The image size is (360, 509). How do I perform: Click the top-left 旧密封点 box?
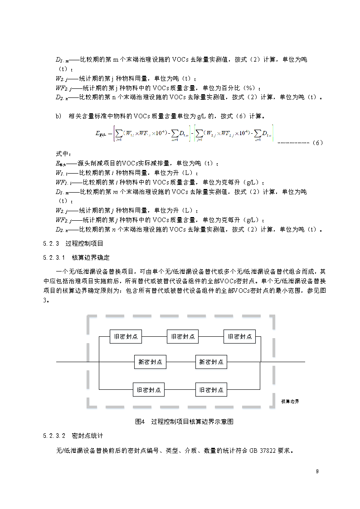[126, 336]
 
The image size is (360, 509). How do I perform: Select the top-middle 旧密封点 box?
[183, 336]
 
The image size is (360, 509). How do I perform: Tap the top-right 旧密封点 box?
[239, 336]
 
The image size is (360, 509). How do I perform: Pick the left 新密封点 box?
[151, 362]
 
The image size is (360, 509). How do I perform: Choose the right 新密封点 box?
[211, 362]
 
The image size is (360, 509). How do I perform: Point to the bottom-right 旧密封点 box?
[211, 389]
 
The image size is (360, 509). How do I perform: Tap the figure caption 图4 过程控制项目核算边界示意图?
[185, 422]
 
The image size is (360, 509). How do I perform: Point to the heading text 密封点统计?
[88, 436]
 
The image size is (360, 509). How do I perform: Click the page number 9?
[317, 472]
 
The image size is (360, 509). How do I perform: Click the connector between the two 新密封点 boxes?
[181, 362]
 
